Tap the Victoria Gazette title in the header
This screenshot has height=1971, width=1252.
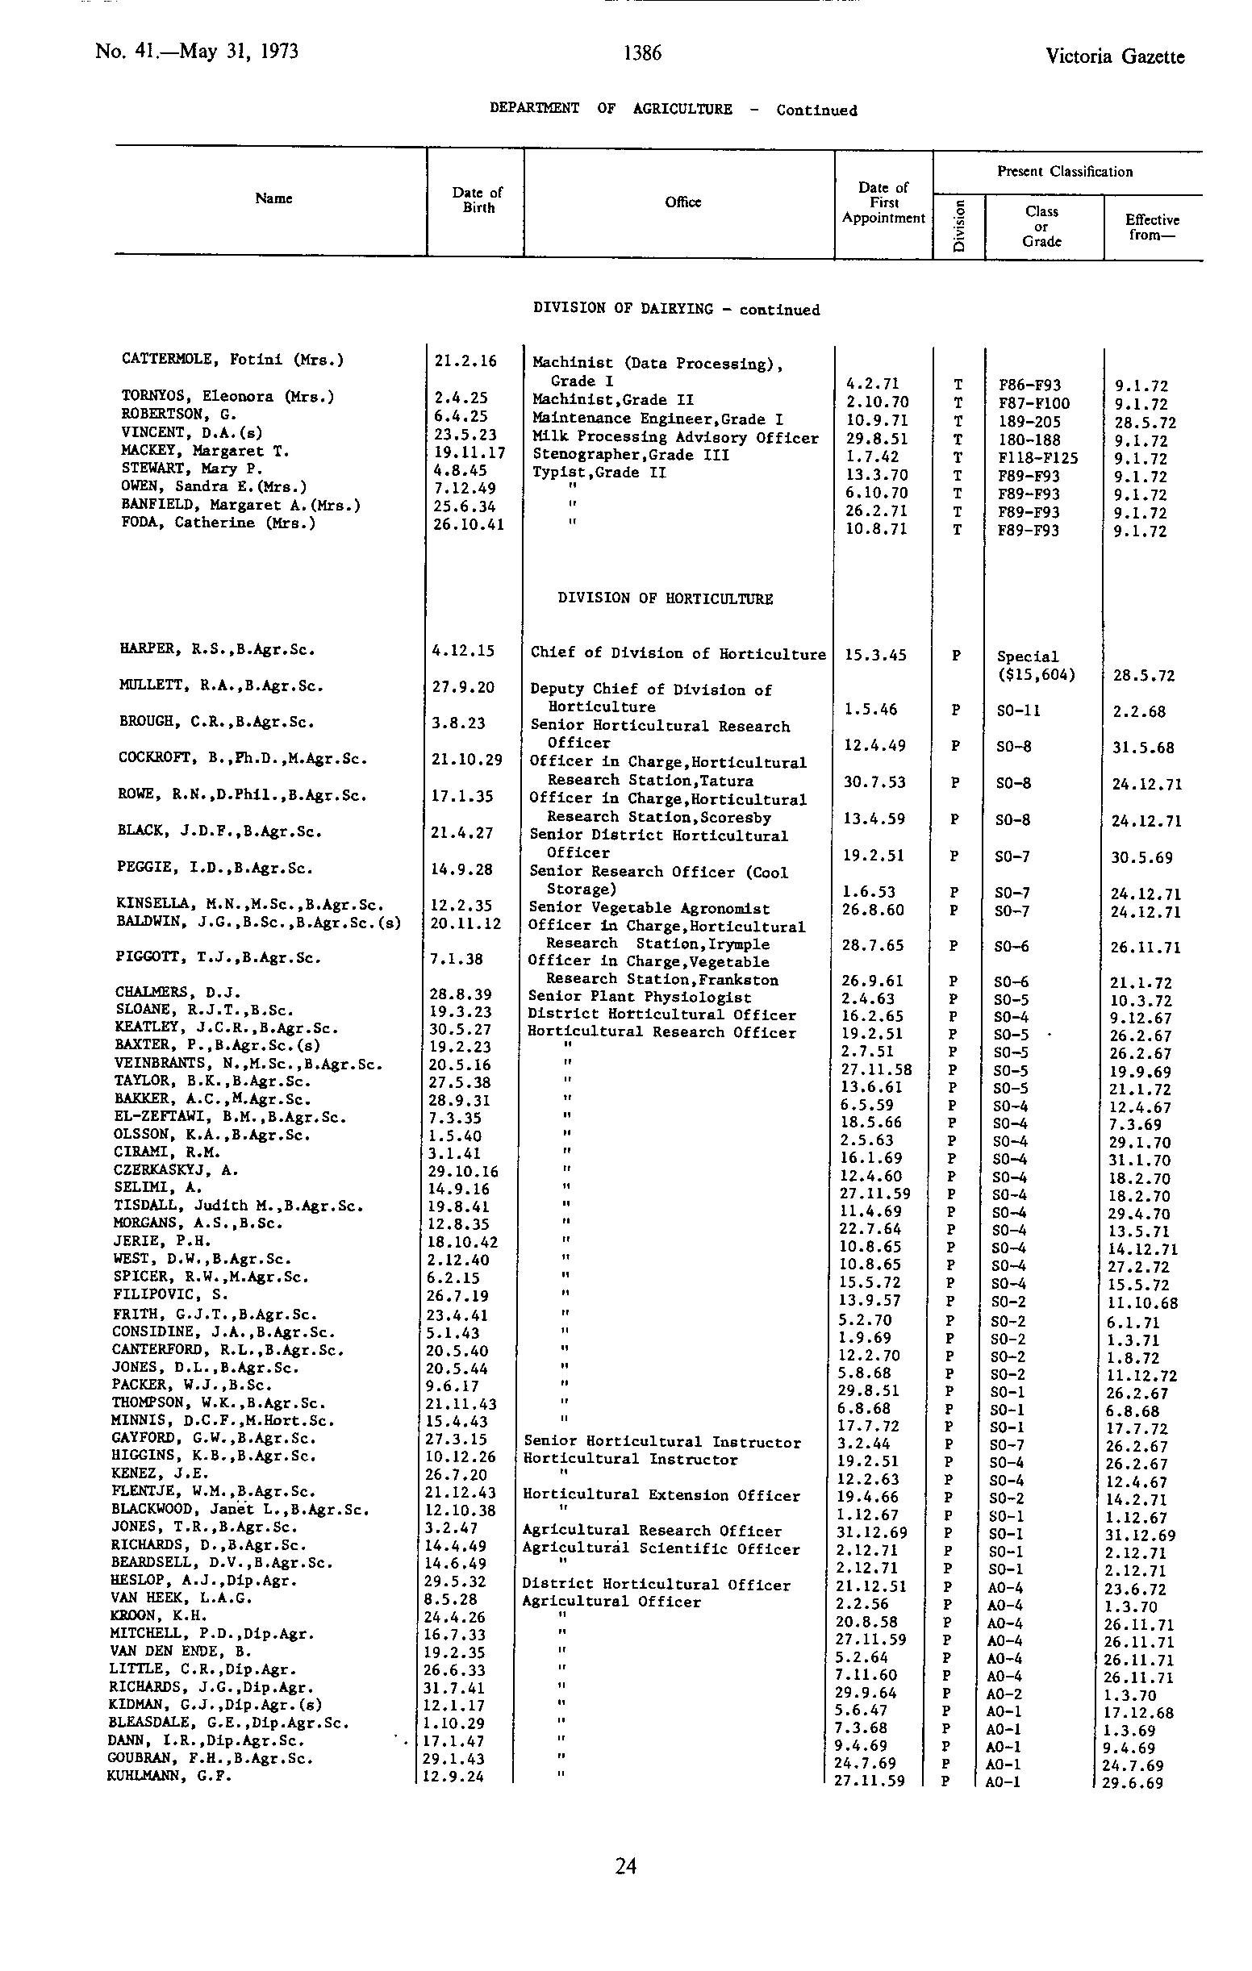(1114, 56)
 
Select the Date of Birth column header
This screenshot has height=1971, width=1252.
(478, 200)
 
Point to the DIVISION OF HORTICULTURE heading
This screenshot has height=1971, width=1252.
(665, 598)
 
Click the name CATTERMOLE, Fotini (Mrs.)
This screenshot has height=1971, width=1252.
(232, 359)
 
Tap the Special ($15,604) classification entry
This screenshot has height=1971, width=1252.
(1035, 665)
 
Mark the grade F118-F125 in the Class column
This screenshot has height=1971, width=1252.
(1038, 458)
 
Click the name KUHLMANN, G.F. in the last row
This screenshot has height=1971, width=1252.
(169, 1776)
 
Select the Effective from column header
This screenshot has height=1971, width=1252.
(1151, 227)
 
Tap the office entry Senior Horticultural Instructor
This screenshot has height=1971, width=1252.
(661, 1442)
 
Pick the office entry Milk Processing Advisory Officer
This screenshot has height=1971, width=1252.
(675, 438)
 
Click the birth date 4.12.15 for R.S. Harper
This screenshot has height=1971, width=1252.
(464, 651)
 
